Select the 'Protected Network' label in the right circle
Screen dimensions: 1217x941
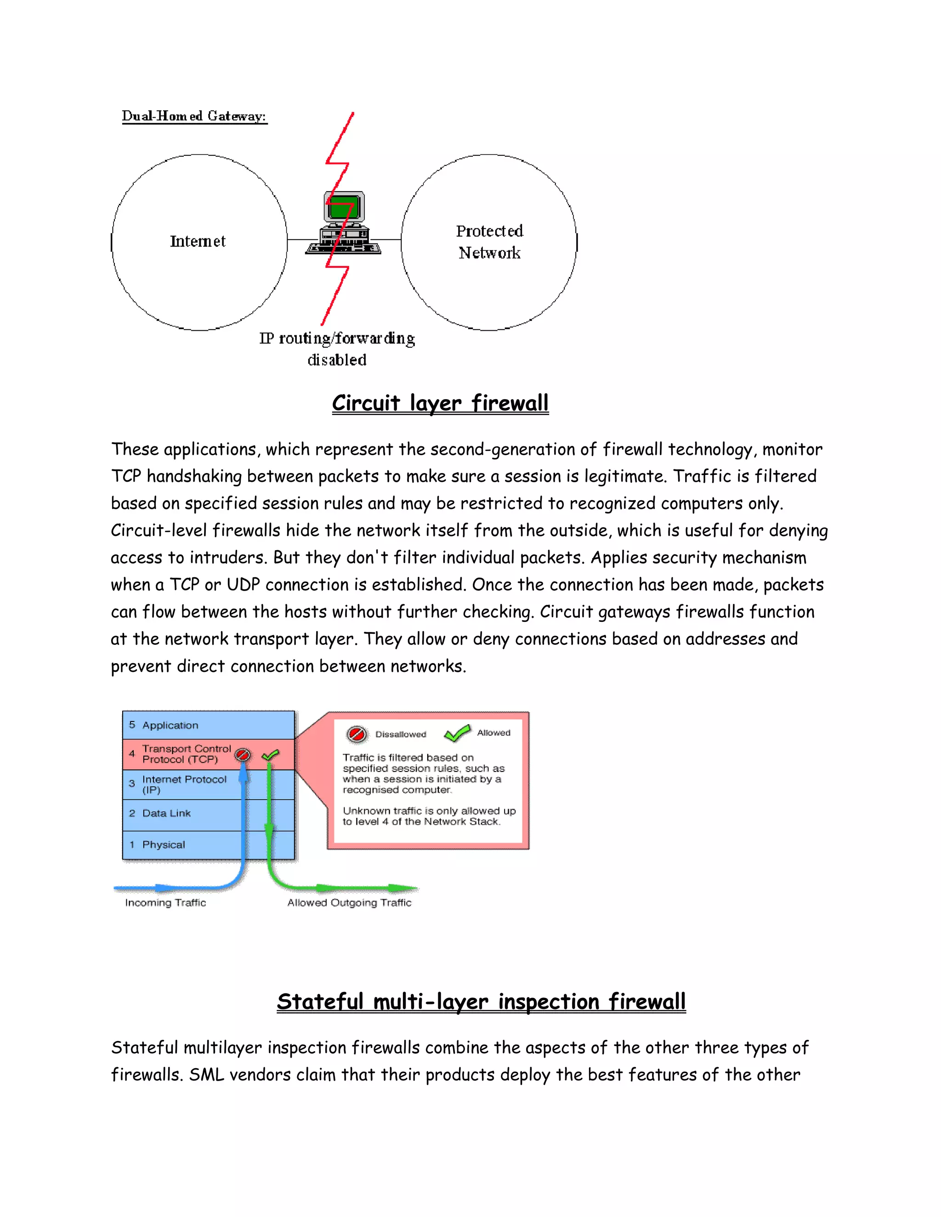click(x=489, y=242)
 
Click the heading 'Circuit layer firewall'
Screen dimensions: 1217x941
click(x=440, y=403)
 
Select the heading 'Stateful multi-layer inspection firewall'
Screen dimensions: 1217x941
click(x=481, y=1001)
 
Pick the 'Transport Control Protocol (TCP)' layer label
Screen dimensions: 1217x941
click(x=186, y=754)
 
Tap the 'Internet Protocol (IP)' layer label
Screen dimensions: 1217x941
click(x=184, y=784)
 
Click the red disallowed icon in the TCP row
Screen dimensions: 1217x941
click(x=243, y=755)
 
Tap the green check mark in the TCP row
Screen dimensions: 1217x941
click(x=270, y=755)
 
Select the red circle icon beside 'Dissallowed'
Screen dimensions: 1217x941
click(x=357, y=734)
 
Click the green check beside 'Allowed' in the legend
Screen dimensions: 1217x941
click(x=457, y=733)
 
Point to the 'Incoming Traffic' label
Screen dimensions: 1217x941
click(x=165, y=903)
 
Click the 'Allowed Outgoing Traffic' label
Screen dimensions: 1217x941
click(x=350, y=903)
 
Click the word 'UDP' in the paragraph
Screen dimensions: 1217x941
click(x=243, y=585)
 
